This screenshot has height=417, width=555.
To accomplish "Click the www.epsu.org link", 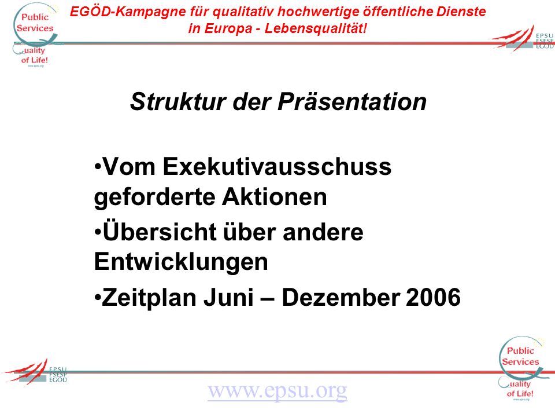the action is [277, 390].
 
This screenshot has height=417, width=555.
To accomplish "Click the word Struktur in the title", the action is [178, 102].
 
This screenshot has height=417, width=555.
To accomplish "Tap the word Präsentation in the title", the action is [352, 102].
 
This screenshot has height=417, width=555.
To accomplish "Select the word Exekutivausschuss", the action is [277, 166].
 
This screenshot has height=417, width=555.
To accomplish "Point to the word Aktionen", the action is [274, 196].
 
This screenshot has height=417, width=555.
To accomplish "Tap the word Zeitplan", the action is [148, 298].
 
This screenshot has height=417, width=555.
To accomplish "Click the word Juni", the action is [229, 297].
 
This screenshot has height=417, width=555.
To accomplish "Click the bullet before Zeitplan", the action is [97, 297].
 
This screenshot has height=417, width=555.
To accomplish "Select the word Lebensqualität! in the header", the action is [316, 28].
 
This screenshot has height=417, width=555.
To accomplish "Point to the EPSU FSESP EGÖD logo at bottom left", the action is [35, 372].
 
